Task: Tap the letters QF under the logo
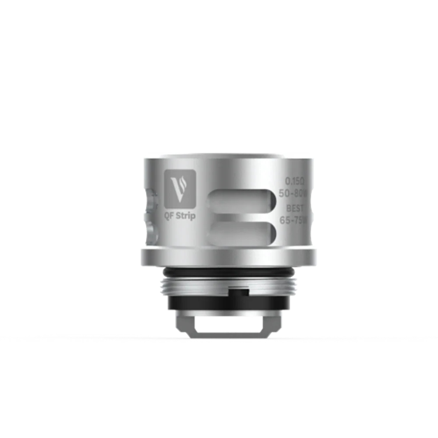pyautogui.click(x=169, y=215)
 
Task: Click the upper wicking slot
pyautogui.click(x=241, y=200)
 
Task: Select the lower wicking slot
pyautogui.click(x=241, y=231)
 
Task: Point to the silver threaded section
pyautogui.click(x=197, y=287)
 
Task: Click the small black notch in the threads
pyautogui.click(x=239, y=291)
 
